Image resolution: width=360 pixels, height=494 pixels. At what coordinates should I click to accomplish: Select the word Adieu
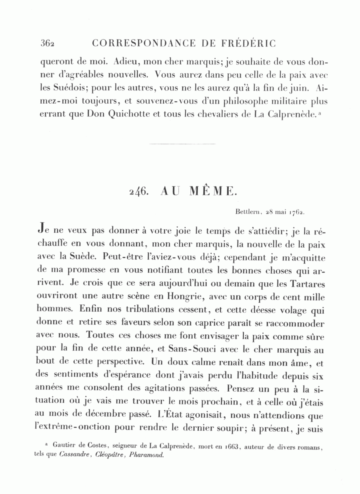click(x=126, y=62)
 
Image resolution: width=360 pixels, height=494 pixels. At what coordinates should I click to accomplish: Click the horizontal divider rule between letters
click(x=182, y=144)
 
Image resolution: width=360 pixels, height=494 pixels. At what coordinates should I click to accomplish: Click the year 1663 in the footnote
click(x=232, y=446)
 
